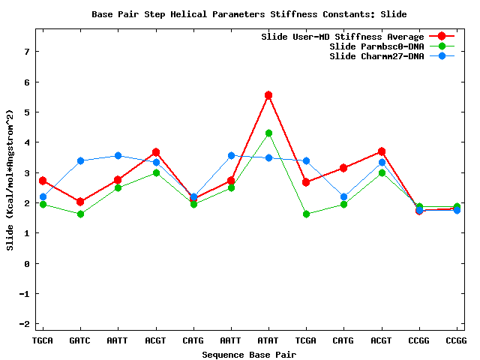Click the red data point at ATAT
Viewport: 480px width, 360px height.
268,95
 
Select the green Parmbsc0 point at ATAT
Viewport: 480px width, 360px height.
268,133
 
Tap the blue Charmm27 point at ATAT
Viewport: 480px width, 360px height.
268,157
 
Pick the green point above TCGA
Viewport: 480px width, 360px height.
306,214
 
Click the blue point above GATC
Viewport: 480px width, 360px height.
80,160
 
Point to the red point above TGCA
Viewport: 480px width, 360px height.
43,181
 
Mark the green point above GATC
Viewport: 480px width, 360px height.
80,214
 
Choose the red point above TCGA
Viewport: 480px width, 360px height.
306,182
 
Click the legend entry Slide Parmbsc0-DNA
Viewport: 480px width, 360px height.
376,46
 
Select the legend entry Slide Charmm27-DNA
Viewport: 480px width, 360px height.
376,56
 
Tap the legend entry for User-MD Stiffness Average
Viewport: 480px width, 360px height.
342,36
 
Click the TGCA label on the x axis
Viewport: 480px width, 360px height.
43,340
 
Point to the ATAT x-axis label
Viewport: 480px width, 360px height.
268,340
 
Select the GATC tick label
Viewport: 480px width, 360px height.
80,340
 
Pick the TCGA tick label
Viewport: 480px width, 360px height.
306,340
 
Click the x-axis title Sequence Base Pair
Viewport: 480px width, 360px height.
249,353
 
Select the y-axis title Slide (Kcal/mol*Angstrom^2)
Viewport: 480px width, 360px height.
10,180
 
